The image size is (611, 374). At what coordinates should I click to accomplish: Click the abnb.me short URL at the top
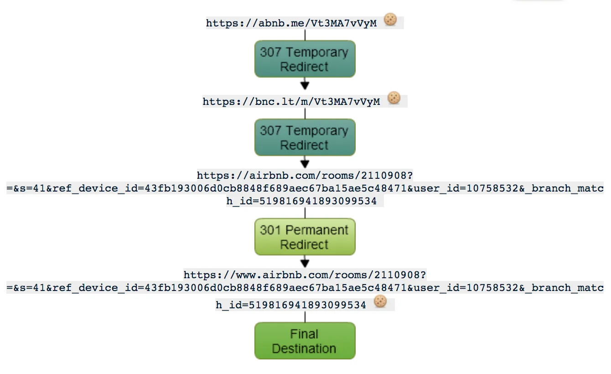coord(291,23)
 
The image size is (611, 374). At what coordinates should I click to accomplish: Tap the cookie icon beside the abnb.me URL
coord(390,20)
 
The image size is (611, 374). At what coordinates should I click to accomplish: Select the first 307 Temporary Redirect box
coord(305,59)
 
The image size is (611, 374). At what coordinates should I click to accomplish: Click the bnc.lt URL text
coord(291,101)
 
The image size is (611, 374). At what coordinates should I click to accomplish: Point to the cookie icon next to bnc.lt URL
coord(394,98)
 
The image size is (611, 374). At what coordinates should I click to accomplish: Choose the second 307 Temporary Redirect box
coord(305,138)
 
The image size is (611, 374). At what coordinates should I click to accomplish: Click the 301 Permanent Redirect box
coord(305,237)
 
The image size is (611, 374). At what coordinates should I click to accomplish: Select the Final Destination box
coord(305,341)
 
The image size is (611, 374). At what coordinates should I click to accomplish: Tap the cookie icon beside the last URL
coord(380,301)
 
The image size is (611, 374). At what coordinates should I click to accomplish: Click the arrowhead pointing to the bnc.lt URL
coord(305,85)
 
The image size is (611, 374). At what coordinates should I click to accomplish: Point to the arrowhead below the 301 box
coord(305,263)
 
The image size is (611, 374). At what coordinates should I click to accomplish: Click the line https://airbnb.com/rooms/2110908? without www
coord(305,176)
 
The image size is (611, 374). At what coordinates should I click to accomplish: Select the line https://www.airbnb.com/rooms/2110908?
coord(305,275)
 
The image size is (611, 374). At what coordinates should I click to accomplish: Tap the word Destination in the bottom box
coord(304,349)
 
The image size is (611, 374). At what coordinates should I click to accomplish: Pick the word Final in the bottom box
coord(304,334)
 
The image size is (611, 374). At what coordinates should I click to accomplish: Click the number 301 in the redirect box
coord(270,230)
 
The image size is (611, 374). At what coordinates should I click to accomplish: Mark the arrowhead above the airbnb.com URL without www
coord(305,164)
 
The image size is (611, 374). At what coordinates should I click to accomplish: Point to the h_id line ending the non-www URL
coord(301,201)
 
